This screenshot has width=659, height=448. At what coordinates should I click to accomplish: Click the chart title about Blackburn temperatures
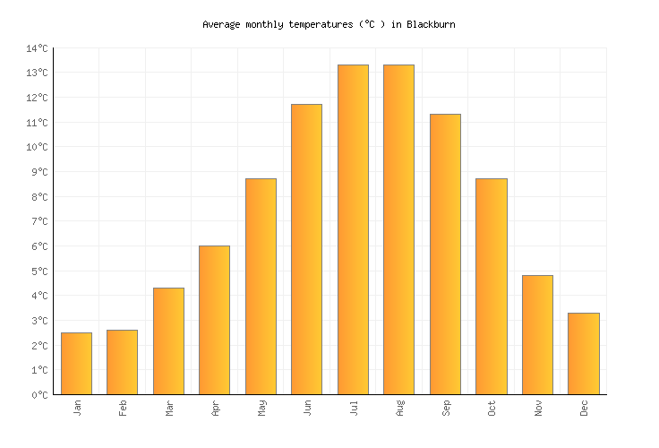(329, 24)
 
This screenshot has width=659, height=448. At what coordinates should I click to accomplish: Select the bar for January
(76, 363)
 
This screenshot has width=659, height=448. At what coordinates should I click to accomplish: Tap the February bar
(122, 362)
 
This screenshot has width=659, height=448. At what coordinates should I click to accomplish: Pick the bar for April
(214, 320)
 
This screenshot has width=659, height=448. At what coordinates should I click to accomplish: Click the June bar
(306, 249)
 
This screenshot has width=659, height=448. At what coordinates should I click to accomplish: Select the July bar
(353, 229)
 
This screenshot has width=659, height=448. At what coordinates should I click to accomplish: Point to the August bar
(398, 229)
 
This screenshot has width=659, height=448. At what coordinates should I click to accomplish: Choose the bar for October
(491, 286)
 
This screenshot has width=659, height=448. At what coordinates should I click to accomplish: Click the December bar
(584, 353)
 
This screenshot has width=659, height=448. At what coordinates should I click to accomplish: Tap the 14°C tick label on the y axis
(37, 48)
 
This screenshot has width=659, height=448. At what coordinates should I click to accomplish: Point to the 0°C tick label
(39, 395)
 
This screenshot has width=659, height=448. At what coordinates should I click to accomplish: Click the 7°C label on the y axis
(39, 221)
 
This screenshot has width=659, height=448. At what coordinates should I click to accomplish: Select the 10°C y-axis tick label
(37, 147)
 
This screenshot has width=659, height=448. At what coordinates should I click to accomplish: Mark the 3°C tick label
(39, 321)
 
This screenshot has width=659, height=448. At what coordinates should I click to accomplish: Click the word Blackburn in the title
(431, 24)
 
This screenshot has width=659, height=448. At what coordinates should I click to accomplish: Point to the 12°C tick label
(37, 98)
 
